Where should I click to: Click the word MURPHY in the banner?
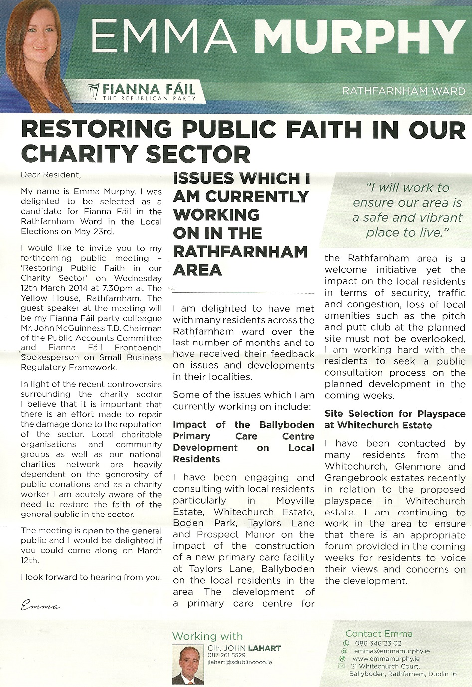(x=360, y=39)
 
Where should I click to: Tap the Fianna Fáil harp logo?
(x=93, y=92)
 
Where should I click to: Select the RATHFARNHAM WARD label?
(x=404, y=91)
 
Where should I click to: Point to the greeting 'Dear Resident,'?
(x=50, y=175)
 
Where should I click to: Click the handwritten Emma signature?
(x=40, y=606)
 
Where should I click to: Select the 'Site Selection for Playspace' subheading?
(x=395, y=414)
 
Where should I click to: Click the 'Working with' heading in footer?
(x=207, y=636)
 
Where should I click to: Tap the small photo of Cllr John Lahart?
(x=188, y=664)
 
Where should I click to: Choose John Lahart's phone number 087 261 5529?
(x=227, y=655)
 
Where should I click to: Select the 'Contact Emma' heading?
(x=379, y=634)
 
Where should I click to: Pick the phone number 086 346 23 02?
(x=378, y=643)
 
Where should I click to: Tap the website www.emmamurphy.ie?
(x=386, y=658)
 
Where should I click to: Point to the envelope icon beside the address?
(x=341, y=666)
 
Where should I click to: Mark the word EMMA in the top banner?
(x=164, y=39)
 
